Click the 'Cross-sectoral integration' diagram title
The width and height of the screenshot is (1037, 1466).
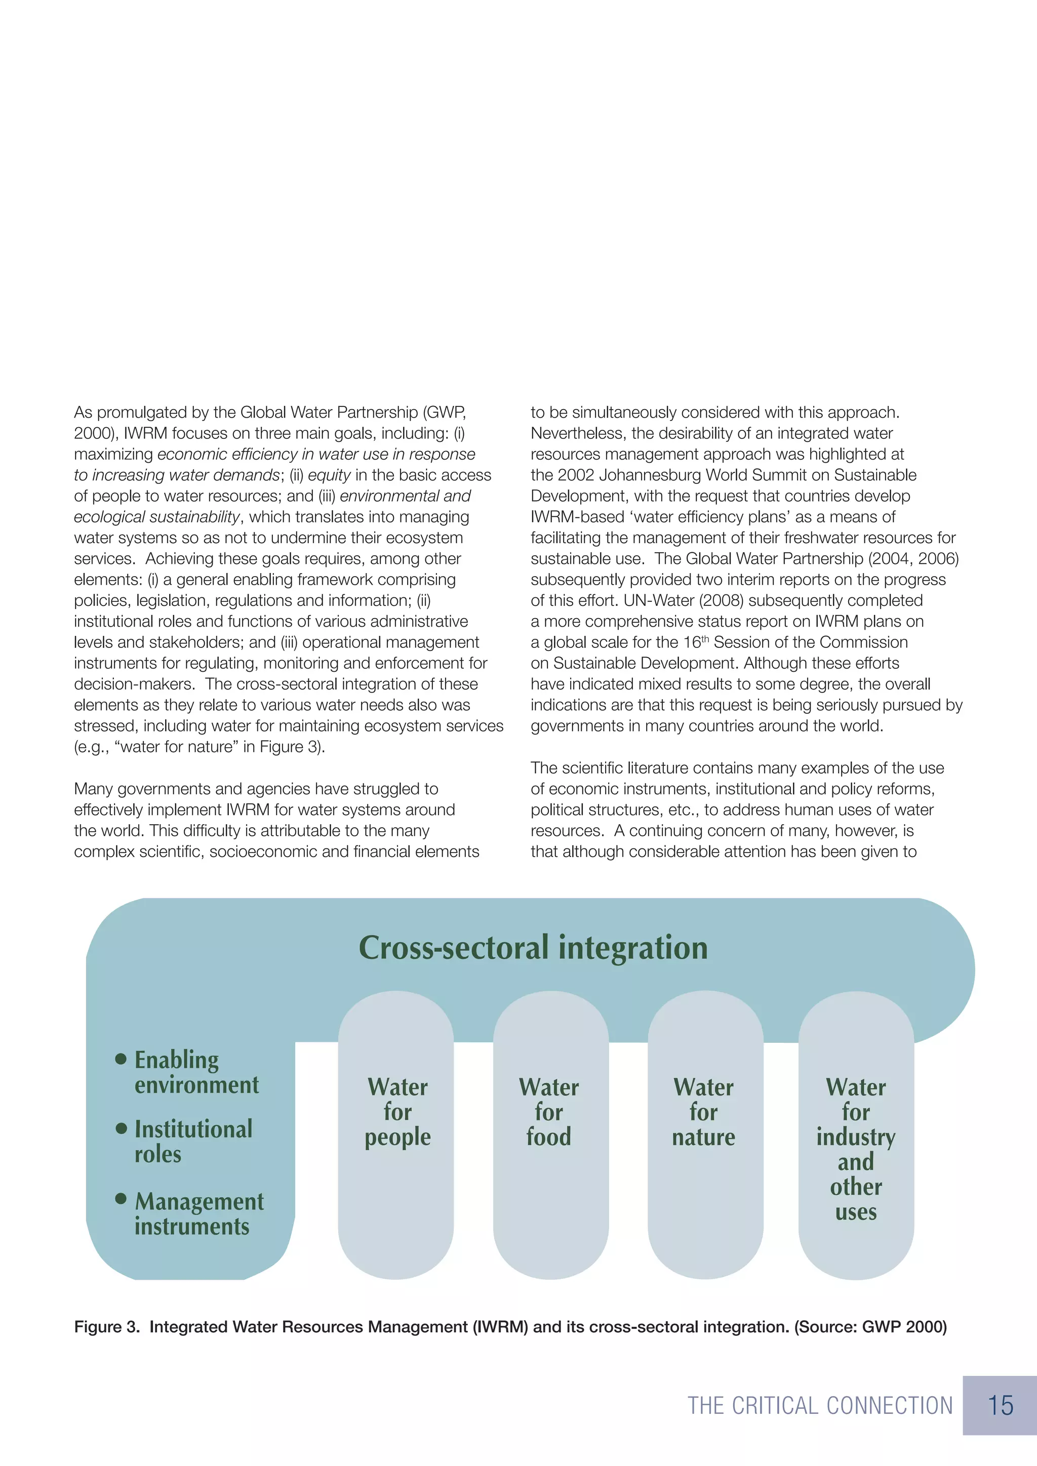[x=533, y=948]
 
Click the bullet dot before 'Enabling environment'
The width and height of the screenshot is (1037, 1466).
[x=121, y=1060]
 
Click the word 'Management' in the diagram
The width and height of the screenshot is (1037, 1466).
[x=199, y=1202]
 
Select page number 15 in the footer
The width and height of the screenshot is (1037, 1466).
[x=1000, y=1405]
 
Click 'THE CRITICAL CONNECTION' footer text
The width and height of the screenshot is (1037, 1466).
[x=820, y=1406]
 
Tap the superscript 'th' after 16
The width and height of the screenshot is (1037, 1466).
[x=705, y=638]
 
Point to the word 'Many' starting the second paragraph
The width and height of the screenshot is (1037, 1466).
[x=93, y=789]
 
